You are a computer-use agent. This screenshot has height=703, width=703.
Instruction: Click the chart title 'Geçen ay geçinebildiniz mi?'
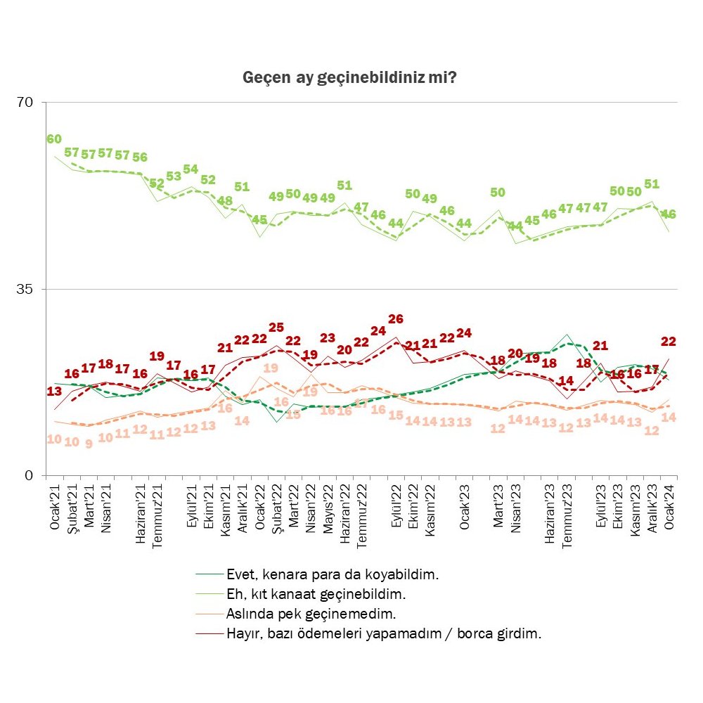click(350, 77)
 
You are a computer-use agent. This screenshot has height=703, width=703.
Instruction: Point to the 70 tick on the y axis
click(25, 103)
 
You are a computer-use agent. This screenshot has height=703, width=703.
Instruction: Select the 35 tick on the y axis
click(25, 289)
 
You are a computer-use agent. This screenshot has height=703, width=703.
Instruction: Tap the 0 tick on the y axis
click(30, 476)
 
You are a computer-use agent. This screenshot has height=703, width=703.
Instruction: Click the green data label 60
click(53, 138)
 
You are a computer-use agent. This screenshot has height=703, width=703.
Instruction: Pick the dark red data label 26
click(396, 319)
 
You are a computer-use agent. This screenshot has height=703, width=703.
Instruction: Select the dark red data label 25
click(276, 328)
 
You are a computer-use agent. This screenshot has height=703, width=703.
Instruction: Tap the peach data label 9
click(89, 444)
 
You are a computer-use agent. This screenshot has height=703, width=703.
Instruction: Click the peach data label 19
click(271, 368)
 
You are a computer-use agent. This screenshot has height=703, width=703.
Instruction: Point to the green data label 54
click(191, 169)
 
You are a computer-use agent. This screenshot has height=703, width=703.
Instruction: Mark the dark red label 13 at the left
click(53, 392)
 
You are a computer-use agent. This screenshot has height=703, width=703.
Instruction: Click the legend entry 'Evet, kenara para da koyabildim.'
click(333, 574)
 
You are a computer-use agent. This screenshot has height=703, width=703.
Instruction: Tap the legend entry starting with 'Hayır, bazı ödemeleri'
click(384, 633)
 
